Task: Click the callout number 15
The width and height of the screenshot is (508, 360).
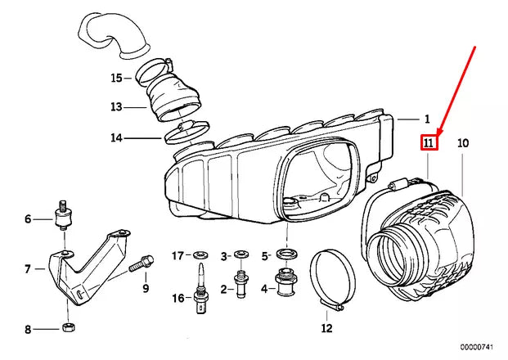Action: pyautogui.click(x=116, y=78)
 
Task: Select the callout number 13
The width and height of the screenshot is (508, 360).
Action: pyautogui.click(x=116, y=106)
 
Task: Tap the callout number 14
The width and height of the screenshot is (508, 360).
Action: pyautogui.click(x=116, y=137)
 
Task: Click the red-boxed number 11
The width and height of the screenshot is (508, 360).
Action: pyautogui.click(x=429, y=143)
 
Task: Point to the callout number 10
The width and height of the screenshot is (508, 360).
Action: pyautogui.click(x=463, y=143)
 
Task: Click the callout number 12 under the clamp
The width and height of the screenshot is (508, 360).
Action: pyautogui.click(x=327, y=329)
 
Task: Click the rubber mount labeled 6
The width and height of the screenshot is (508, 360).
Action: pyautogui.click(x=62, y=218)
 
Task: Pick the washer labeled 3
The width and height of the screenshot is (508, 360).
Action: pyautogui.click(x=241, y=256)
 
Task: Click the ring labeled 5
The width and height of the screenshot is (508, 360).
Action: pyautogui.click(x=285, y=255)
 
